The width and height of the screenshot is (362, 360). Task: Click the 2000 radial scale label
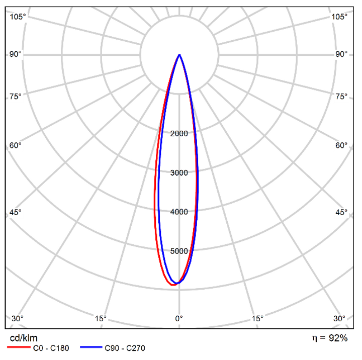179,133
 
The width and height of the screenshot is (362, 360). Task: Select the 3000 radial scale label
179,172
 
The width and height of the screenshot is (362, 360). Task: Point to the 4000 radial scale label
179,212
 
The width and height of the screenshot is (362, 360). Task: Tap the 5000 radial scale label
179,251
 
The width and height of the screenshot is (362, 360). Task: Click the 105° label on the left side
18,17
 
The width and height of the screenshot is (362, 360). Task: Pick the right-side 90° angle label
342,54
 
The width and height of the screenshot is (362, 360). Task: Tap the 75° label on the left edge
16,96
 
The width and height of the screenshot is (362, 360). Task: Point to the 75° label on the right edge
342,96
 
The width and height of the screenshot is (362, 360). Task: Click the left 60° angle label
16,145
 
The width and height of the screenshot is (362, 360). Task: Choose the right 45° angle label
342,212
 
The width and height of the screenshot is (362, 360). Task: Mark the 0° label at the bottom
179,318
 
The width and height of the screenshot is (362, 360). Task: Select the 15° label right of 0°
257,318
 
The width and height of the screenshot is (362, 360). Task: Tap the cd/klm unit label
24,338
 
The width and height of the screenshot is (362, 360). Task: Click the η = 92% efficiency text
330,338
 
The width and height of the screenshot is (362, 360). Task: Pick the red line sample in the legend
18,347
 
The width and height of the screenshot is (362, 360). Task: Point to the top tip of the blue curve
179,54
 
